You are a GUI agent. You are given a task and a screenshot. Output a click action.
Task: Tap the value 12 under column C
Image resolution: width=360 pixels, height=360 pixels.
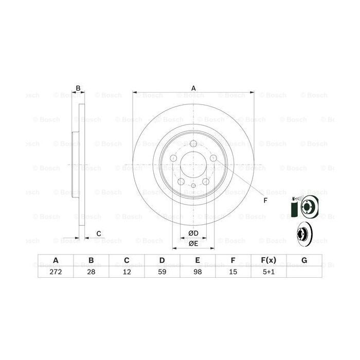pos(126,272)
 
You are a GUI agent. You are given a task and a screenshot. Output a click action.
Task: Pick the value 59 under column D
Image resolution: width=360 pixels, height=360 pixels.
pos(161,272)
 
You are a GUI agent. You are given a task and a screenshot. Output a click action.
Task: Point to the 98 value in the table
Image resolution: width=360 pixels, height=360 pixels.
pos(197,272)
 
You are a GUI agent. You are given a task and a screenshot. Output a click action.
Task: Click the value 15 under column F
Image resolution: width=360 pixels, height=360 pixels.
pos(233,272)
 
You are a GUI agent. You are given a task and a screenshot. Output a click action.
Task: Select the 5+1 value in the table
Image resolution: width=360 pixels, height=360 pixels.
pos(268,272)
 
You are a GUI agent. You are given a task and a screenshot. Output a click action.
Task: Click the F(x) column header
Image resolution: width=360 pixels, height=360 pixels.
pos(268,260)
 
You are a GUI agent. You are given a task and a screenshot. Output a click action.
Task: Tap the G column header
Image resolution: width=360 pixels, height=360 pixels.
pos(304,260)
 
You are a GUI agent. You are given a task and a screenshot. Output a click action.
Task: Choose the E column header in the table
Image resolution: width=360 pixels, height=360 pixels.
pos(197,260)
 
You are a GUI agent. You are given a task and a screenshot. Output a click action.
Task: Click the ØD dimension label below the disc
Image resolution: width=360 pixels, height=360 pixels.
pos(193,233)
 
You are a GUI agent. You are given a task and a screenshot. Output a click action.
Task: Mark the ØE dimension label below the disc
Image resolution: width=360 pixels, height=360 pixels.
pos(193,243)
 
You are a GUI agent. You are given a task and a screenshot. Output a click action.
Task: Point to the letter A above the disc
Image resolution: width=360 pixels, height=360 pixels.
pos(193,88)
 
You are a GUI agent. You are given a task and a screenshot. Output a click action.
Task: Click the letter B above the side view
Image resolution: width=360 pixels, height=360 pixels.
pos(78,88)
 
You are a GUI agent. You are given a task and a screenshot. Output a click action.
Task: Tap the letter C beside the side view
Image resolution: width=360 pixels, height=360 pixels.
pos(98,234)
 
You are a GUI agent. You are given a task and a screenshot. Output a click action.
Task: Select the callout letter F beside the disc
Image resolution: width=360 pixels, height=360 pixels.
pos(265,200)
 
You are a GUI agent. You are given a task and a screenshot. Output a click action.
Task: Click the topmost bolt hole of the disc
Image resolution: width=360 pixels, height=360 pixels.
pos(193,145)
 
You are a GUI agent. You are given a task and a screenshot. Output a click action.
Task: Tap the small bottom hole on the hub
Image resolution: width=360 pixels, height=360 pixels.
pos(193,186)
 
